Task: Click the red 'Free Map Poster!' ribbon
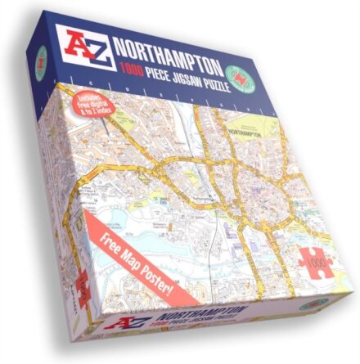139,262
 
